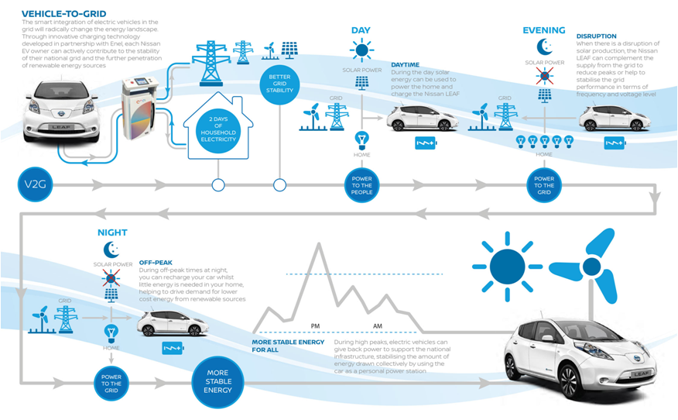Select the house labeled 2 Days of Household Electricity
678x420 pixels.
pyautogui.click(x=218, y=128)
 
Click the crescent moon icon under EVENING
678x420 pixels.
pyautogui.click(x=544, y=46)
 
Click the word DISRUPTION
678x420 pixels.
pyautogui.click(x=597, y=36)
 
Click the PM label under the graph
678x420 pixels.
pyautogui.click(x=315, y=325)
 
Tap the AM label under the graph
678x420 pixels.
pyautogui.click(x=377, y=325)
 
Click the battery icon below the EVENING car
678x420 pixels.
pyautogui.click(x=614, y=143)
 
